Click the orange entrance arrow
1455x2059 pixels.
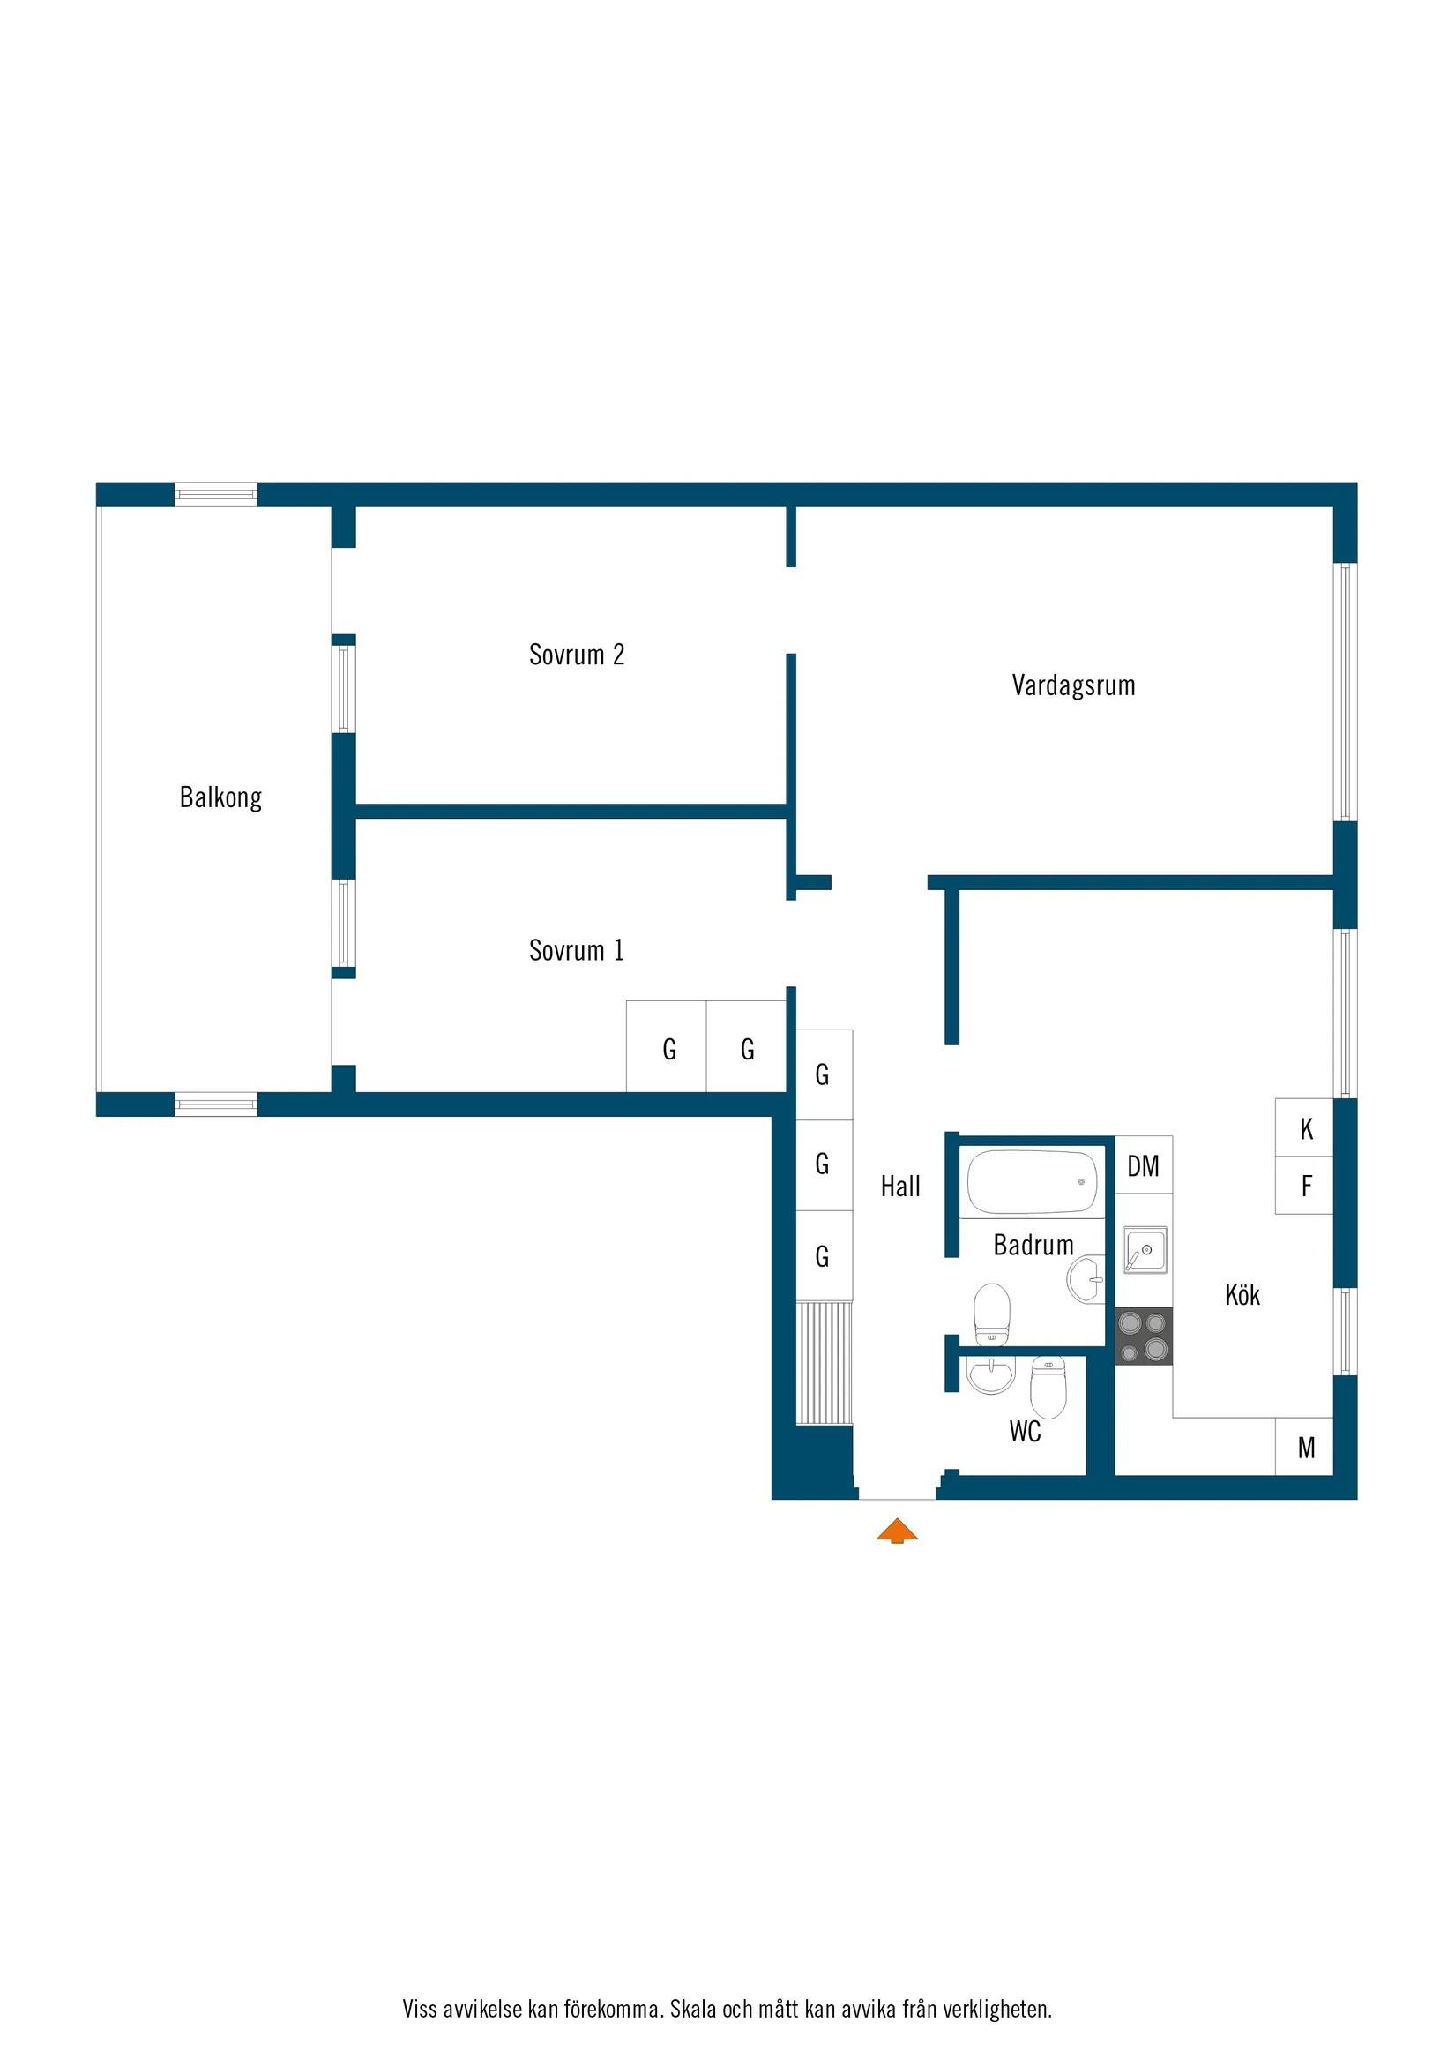[x=897, y=1530]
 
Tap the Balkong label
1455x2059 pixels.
[x=220, y=797]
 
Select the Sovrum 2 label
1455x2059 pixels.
[x=577, y=655]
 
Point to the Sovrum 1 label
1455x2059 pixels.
[x=577, y=950]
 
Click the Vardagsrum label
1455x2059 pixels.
[x=1073, y=685]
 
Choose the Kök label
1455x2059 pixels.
[x=1242, y=1294]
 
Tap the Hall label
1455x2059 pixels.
[x=900, y=1187]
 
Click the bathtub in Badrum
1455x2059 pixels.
[x=1032, y=1182]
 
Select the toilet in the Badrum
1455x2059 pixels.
[x=991, y=1314]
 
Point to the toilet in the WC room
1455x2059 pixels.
[x=1048, y=1388]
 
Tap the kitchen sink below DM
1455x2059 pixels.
[x=1145, y=1249]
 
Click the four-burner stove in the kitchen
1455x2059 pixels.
[x=1143, y=1336]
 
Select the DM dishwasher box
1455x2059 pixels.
[x=1143, y=1164]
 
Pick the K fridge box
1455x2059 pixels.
[x=1304, y=1127]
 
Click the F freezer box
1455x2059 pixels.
[x=1304, y=1186]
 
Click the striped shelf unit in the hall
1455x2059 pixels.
[x=824, y=1363]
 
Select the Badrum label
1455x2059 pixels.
[x=1033, y=1245]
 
